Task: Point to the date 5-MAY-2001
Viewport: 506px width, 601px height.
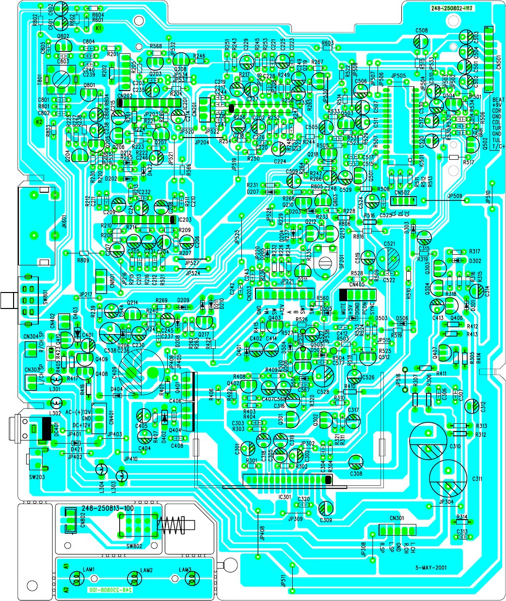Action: tap(431, 568)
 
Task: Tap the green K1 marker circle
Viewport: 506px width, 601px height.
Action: tap(99, 29)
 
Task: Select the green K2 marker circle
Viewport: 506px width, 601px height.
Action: tap(39, 121)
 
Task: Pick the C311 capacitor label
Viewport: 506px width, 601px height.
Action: tap(477, 479)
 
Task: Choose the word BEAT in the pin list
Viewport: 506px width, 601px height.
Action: tap(498, 100)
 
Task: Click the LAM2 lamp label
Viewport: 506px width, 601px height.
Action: tap(146, 570)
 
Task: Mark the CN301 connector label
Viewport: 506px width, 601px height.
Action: tap(396, 518)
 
